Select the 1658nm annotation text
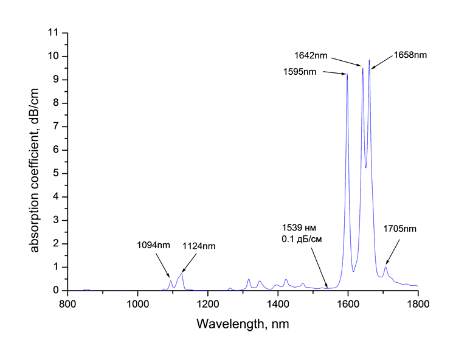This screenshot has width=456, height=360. point(410,55)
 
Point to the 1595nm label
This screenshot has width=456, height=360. point(300,72)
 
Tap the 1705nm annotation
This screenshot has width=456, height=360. point(399,229)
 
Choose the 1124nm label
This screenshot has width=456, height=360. point(199,246)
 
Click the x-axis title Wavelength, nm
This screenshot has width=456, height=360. point(243,325)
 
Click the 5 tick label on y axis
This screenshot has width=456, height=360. point(56,173)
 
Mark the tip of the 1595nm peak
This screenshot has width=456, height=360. point(347,75)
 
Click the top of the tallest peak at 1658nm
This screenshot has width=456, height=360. point(369,60)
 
